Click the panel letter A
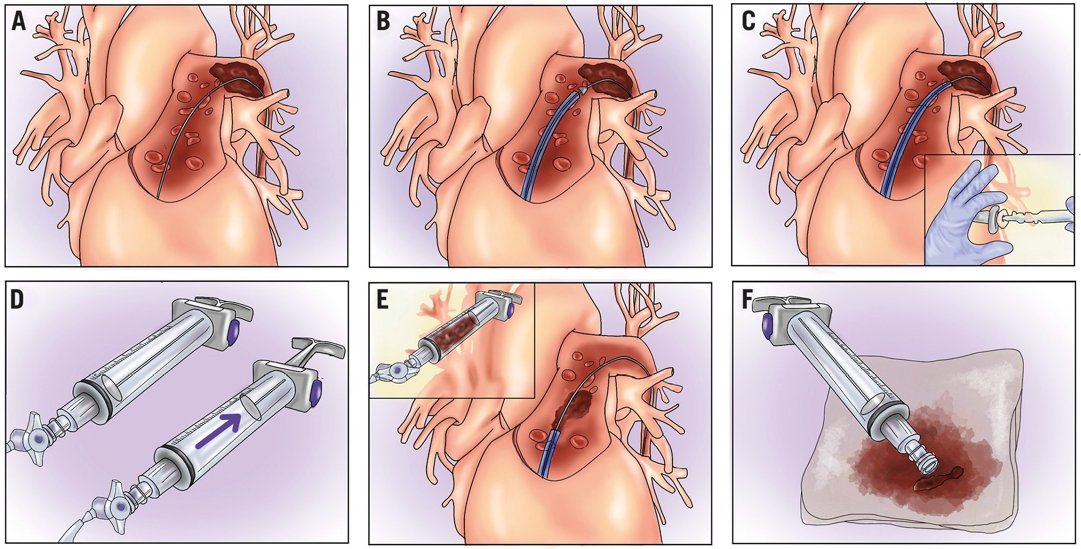18,23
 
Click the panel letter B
383,22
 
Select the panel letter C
748,22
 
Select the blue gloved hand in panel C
963,216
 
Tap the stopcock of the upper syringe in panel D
38,439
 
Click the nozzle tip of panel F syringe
927,462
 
